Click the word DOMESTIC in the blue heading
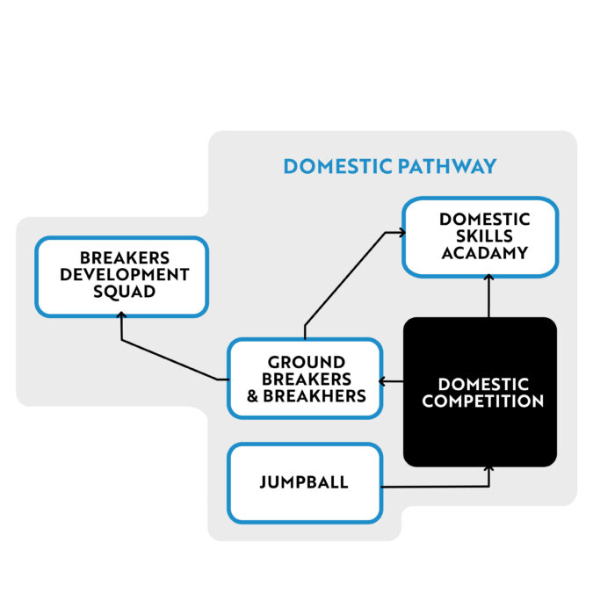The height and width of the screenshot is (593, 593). pyautogui.click(x=337, y=166)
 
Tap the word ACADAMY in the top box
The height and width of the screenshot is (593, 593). pyautogui.click(x=484, y=253)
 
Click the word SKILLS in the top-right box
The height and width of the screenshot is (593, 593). pyautogui.click(x=484, y=236)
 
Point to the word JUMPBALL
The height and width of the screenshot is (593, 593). pyautogui.click(x=304, y=482)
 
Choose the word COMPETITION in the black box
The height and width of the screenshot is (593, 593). pyautogui.click(x=482, y=401)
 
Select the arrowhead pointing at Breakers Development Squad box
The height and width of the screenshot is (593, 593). pyautogui.click(x=120, y=322)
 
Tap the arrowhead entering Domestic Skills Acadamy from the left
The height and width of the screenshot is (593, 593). pyautogui.click(x=399, y=233)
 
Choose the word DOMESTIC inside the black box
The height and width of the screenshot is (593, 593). pyautogui.click(x=482, y=385)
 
